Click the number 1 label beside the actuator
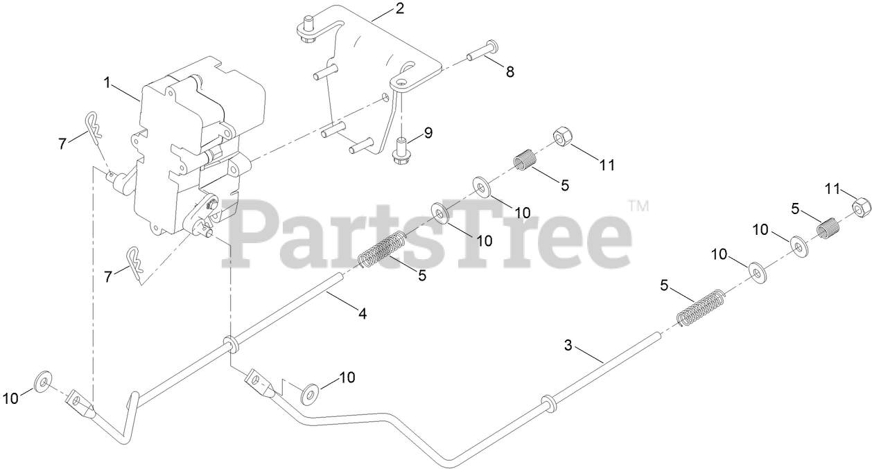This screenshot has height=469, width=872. point(107,83)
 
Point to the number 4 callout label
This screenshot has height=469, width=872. point(361,313)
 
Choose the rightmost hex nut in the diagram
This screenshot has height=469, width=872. point(860,206)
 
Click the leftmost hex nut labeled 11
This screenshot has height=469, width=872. point(561,137)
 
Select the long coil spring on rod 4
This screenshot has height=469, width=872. point(382,250)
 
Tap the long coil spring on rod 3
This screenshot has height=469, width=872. point(700,308)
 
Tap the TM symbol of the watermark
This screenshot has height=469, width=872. point(638,206)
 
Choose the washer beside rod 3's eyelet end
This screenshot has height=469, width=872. point(309,394)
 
